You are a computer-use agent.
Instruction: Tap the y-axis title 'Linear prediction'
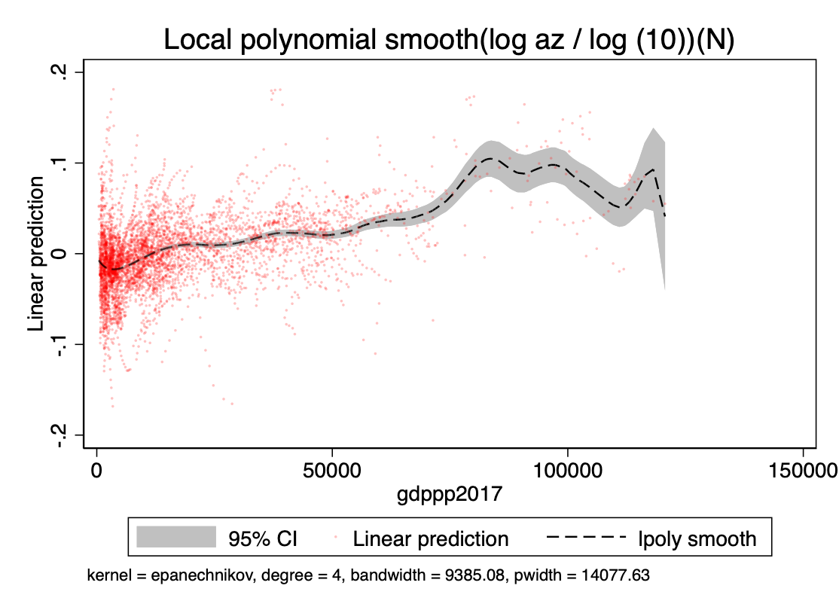[x=37, y=255]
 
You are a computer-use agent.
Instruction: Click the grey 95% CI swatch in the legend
[x=176, y=538]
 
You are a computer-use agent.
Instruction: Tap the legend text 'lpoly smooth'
[x=697, y=538]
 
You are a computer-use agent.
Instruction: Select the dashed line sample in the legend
[x=587, y=538]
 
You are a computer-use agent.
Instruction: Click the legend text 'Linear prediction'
[x=431, y=538]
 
